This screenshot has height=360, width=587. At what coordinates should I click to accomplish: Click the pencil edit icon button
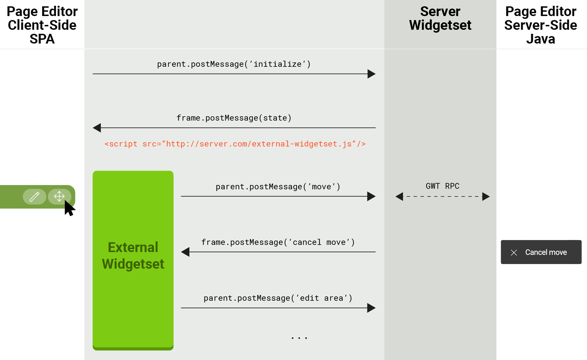pyautogui.click(x=34, y=197)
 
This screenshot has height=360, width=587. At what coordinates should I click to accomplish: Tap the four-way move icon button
pyautogui.click(x=59, y=196)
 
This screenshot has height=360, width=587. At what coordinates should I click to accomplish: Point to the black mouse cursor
pyautogui.click(x=69, y=208)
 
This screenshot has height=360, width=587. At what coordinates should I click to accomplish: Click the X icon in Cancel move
pyautogui.click(x=514, y=252)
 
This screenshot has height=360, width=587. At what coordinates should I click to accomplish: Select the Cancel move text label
pyautogui.click(x=546, y=252)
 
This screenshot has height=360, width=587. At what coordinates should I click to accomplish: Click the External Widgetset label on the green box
pyautogui.click(x=133, y=255)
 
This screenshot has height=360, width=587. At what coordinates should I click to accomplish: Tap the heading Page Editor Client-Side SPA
pyautogui.click(x=42, y=25)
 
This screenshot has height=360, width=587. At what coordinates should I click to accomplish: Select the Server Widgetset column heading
pyautogui.click(x=440, y=18)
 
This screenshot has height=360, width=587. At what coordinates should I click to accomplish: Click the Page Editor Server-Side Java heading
pyautogui.click(x=541, y=25)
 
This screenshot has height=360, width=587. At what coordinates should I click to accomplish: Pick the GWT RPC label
pyautogui.click(x=443, y=186)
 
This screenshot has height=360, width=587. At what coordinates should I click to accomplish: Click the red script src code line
pyautogui.click(x=235, y=144)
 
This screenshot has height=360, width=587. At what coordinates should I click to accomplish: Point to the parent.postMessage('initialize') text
pyautogui.click(x=234, y=64)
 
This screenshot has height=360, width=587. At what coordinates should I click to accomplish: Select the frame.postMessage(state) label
pyautogui.click(x=234, y=118)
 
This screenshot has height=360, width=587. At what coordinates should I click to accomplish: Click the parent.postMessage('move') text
pyautogui.click(x=278, y=187)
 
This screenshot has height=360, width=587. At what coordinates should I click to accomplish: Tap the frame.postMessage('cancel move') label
pyautogui.click(x=278, y=242)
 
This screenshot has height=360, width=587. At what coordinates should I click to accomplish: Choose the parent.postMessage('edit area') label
pyautogui.click(x=278, y=298)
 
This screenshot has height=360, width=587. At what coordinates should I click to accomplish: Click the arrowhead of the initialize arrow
pyautogui.click(x=371, y=74)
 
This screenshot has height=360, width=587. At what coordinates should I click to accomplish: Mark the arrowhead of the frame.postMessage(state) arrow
pyautogui.click(x=97, y=128)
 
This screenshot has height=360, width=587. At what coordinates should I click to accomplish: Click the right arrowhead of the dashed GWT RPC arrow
pyautogui.click(x=486, y=196)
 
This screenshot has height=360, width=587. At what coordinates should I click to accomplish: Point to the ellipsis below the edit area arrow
pyautogui.click(x=299, y=338)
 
